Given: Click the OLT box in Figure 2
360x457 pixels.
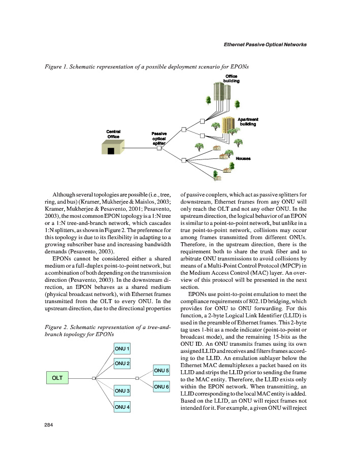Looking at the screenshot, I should [57, 378].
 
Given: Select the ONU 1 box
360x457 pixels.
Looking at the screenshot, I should [122, 349].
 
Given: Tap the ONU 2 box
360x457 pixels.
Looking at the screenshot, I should [122, 363].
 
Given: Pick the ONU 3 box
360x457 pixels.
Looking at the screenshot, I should [122, 390].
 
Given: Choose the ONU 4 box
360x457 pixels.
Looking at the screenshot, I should [122, 407].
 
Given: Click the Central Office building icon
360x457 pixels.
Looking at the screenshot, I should [113, 148].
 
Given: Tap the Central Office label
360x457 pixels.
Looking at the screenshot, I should [114, 134].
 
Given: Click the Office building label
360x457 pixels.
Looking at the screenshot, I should [231, 78].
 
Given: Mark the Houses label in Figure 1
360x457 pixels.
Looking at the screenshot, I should [243, 158].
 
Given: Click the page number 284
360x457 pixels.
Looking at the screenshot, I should [49, 426].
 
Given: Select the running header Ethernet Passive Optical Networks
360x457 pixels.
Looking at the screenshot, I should [265, 45].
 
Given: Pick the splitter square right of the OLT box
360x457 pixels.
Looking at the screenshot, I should [94, 378].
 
